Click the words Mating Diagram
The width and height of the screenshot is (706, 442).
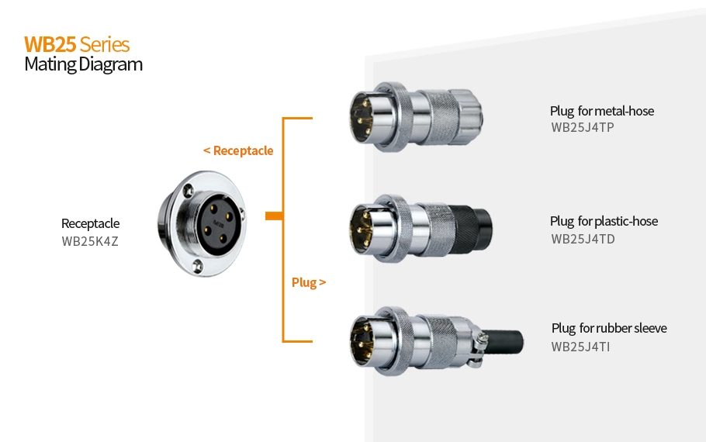tap(83, 64)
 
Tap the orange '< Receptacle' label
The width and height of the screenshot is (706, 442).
tap(238, 150)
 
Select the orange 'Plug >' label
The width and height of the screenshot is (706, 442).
tap(308, 282)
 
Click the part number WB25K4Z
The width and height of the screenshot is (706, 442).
tap(89, 241)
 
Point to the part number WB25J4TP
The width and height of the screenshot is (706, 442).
tap(582, 128)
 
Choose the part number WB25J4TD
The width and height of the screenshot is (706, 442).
tap(583, 239)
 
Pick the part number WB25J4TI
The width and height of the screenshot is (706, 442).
tap(580, 347)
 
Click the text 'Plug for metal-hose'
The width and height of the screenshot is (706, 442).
tap(601, 111)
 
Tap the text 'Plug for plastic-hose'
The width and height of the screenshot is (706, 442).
tap(604, 222)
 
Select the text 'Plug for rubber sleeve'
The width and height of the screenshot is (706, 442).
tap(608, 328)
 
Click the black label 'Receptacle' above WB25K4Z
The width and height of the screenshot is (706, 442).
tap(90, 224)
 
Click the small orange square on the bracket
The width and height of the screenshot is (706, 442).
tap(272, 216)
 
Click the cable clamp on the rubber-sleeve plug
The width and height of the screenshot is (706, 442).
tap(475, 340)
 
